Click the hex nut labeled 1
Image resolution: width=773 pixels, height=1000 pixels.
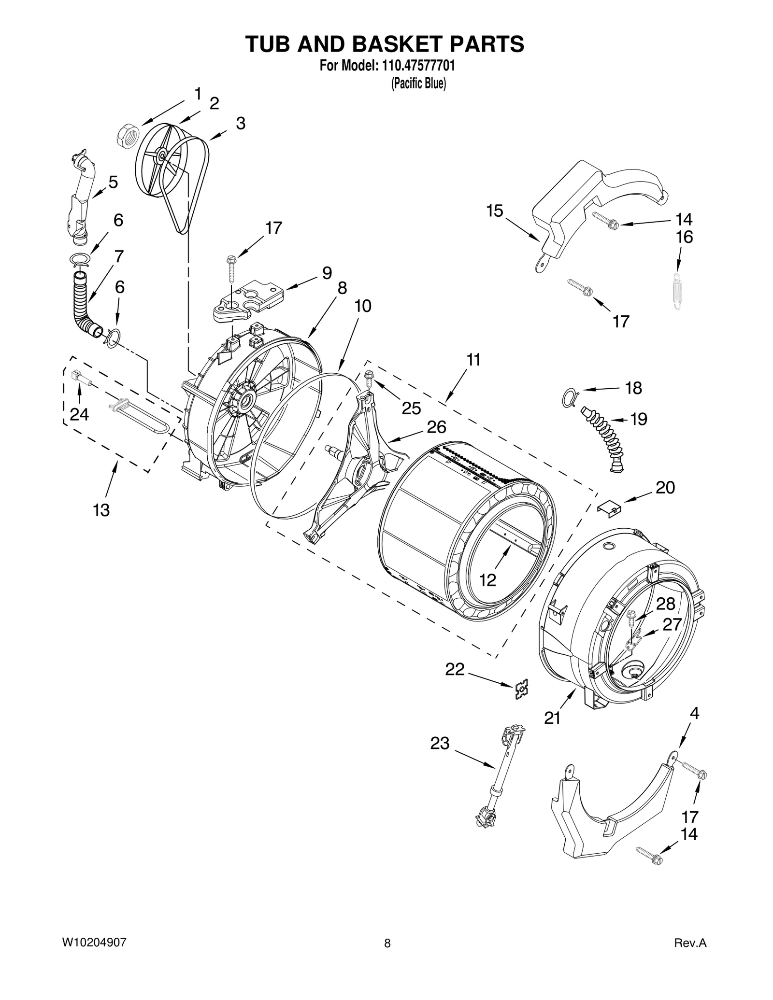128,133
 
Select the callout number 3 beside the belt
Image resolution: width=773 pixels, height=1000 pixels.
241,124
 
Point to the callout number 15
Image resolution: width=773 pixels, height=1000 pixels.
494,211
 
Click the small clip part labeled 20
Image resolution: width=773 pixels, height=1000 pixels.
609,508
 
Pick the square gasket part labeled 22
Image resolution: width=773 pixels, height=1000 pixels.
521,689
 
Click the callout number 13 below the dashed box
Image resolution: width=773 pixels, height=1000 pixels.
101,510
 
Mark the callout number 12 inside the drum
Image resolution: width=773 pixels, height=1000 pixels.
487,580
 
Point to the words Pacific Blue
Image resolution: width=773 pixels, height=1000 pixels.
418,84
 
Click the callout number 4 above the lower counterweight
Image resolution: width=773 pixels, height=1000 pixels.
694,713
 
